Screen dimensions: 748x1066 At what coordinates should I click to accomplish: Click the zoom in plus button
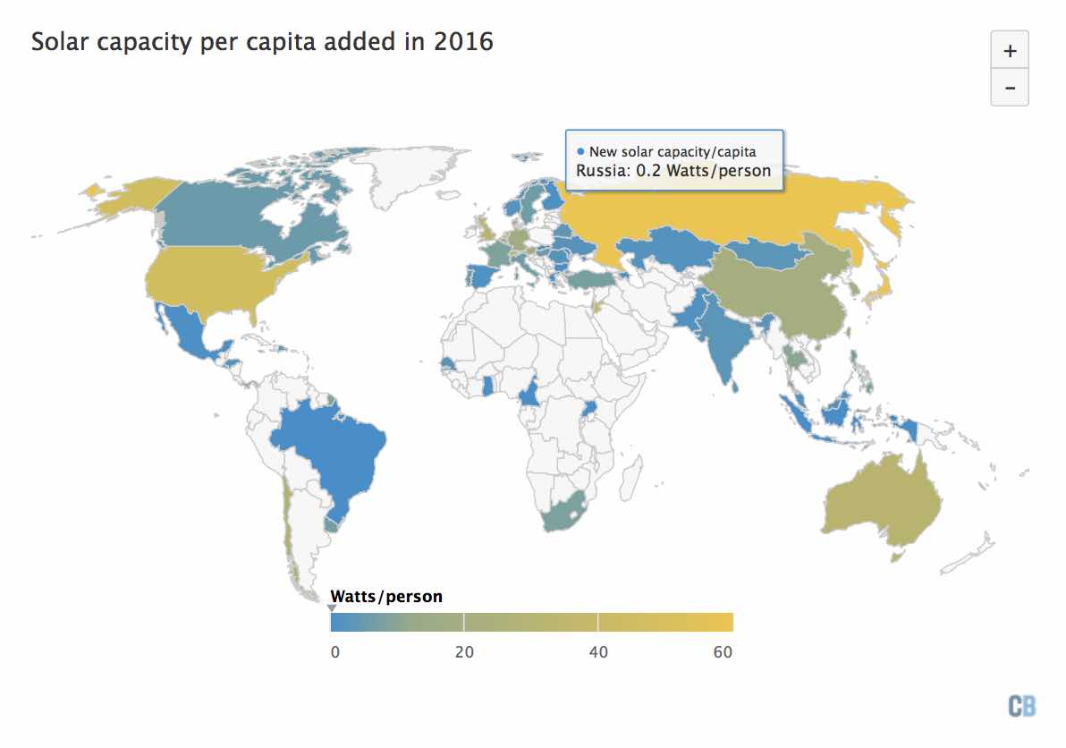tap(1010, 51)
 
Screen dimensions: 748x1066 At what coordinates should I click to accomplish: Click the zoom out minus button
tap(1010, 88)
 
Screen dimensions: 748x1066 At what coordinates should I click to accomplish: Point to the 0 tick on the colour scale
tap(335, 652)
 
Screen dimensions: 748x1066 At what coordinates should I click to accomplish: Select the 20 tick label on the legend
tap(463, 652)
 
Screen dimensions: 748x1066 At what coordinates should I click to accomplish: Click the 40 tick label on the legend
tap(597, 652)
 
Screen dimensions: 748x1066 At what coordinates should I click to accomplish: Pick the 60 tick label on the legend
tap(723, 652)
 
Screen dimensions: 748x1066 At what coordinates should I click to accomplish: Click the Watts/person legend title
tap(386, 596)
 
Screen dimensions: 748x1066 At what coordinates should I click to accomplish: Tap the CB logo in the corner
tap(1021, 706)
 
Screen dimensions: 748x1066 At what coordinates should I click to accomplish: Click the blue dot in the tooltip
tap(581, 152)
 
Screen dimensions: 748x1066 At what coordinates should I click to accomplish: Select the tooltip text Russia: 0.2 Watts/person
tap(673, 170)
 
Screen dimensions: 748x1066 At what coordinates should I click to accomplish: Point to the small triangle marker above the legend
tap(332, 608)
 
